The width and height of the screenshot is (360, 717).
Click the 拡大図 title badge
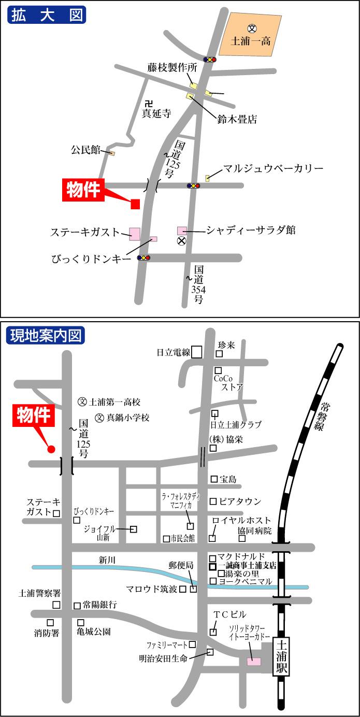click(47, 15)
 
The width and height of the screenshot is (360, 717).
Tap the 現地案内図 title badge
click(47, 335)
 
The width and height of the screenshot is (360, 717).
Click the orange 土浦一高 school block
click(251, 35)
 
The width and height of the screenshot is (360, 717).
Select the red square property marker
click(135, 204)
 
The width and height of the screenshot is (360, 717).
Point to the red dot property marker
click(51, 449)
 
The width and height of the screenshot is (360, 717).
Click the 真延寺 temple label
click(156, 112)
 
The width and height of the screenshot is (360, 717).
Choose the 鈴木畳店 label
click(237, 120)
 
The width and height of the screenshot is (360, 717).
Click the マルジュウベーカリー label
click(273, 169)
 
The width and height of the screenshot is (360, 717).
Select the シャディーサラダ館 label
click(251, 230)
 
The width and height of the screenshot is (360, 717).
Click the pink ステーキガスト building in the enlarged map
click(135, 234)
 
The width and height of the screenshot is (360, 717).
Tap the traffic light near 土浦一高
click(210, 60)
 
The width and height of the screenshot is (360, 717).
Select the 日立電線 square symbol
click(196, 352)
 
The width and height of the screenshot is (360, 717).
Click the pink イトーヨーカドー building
click(254, 661)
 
